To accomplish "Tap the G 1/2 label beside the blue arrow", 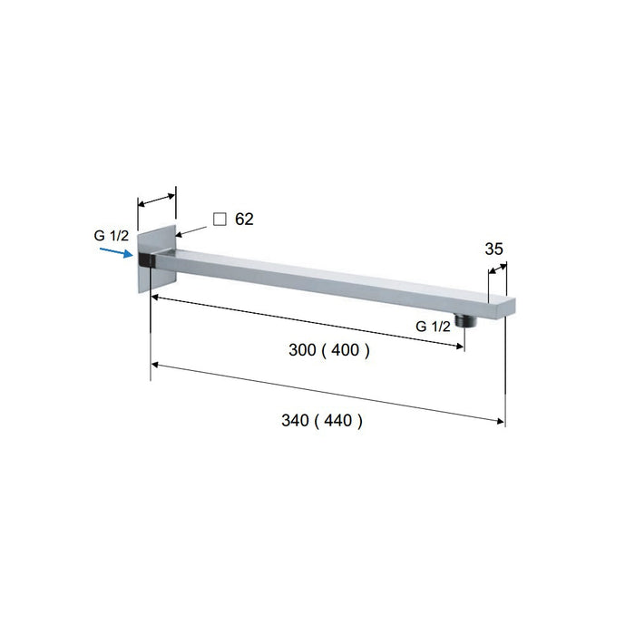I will click(112, 236).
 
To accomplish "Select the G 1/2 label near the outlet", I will click(434, 327).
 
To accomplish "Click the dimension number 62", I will click(243, 220).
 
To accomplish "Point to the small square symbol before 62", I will click(219, 219).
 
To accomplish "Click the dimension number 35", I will click(494, 248).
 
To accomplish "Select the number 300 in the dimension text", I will click(301, 351).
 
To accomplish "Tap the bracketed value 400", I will click(346, 351).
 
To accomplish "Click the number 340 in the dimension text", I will click(297, 421).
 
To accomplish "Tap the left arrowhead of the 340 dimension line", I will click(156, 365).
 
